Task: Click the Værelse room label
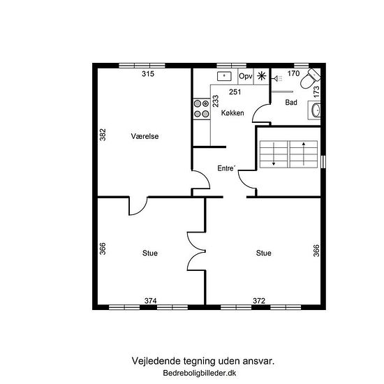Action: click(145, 136)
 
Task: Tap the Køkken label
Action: click(232, 113)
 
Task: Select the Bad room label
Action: click(291, 102)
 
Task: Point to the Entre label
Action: click(226, 168)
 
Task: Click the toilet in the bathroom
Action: click(310, 78)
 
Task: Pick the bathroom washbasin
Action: click(316, 110)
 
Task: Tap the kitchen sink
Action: click(224, 76)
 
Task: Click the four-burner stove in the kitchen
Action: click(202, 109)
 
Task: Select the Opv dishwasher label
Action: click(245, 76)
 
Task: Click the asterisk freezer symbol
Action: click(262, 76)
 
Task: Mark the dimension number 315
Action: click(148, 73)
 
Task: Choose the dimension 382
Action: click(103, 135)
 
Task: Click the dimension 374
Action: click(150, 300)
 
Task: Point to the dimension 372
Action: click(259, 300)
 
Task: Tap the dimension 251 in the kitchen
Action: click(235, 92)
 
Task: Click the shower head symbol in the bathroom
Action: click(277, 79)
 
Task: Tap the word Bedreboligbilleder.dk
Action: click(200, 373)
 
